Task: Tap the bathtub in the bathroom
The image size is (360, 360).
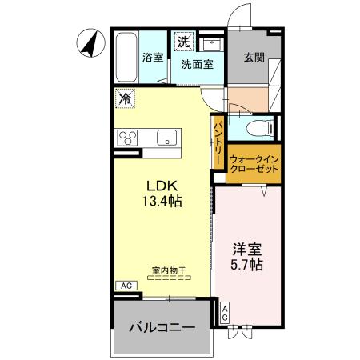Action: coord(126,57)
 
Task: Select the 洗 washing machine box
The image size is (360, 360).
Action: coord(184,41)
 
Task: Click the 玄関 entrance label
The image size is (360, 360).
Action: coord(254,58)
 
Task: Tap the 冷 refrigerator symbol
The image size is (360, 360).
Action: coord(126,99)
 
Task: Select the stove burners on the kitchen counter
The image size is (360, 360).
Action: coord(128,137)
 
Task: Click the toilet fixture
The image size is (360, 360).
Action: coord(257,127)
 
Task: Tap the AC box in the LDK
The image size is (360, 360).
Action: coord(126,285)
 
